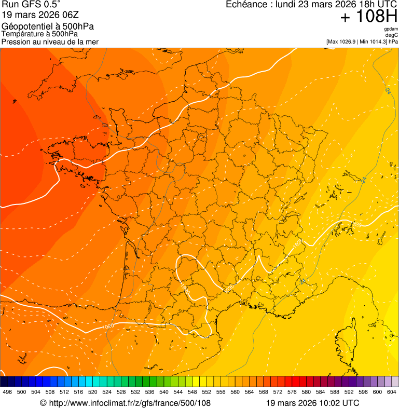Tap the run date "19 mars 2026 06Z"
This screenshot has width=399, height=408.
click(x=40, y=15)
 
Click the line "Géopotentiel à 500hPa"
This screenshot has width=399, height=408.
click(x=48, y=26)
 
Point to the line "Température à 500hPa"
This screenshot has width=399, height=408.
click(x=40, y=34)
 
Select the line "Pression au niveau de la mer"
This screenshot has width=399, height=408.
click(x=50, y=42)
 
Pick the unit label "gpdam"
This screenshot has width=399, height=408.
click(x=391, y=29)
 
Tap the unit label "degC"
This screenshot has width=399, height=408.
click(x=392, y=35)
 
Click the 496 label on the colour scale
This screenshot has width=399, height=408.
click(x=7, y=392)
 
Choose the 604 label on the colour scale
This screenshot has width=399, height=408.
click(x=392, y=392)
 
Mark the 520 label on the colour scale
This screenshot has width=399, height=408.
click(x=93, y=392)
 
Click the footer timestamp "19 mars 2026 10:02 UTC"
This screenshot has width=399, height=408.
click(x=312, y=403)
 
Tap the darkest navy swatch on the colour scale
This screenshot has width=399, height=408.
click(x=4, y=382)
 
